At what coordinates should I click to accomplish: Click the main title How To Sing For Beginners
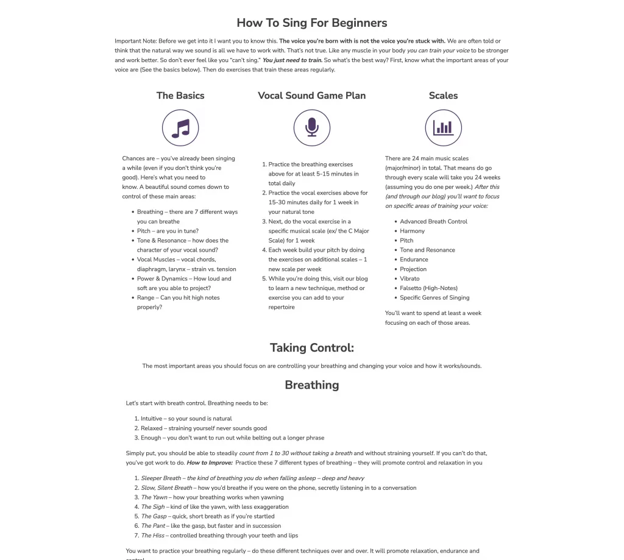[311, 23]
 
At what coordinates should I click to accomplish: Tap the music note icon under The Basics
[180, 128]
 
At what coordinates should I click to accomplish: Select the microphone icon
[311, 128]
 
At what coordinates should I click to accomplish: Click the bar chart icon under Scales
[443, 128]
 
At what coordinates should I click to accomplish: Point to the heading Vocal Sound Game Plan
[311, 95]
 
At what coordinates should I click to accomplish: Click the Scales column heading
[443, 95]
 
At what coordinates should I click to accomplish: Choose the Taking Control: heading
[311, 348]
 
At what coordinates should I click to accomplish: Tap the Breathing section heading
[311, 385]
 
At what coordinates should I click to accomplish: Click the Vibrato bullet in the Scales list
[409, 278]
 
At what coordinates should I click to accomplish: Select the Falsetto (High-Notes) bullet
[428, 288]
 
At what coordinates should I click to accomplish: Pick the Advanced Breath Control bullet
[433, 221]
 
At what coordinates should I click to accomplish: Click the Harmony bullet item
[412, 231]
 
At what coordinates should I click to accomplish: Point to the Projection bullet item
[413, 269]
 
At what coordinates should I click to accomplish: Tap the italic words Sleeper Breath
[161, 478]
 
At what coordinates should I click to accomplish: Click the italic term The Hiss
[152, 536]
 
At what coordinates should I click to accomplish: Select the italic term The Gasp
[154, 516]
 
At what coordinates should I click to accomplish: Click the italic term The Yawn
[154, 497]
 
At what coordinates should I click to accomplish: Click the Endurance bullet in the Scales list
[414, 260]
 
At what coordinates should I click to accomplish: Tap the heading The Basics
[180, 95]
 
